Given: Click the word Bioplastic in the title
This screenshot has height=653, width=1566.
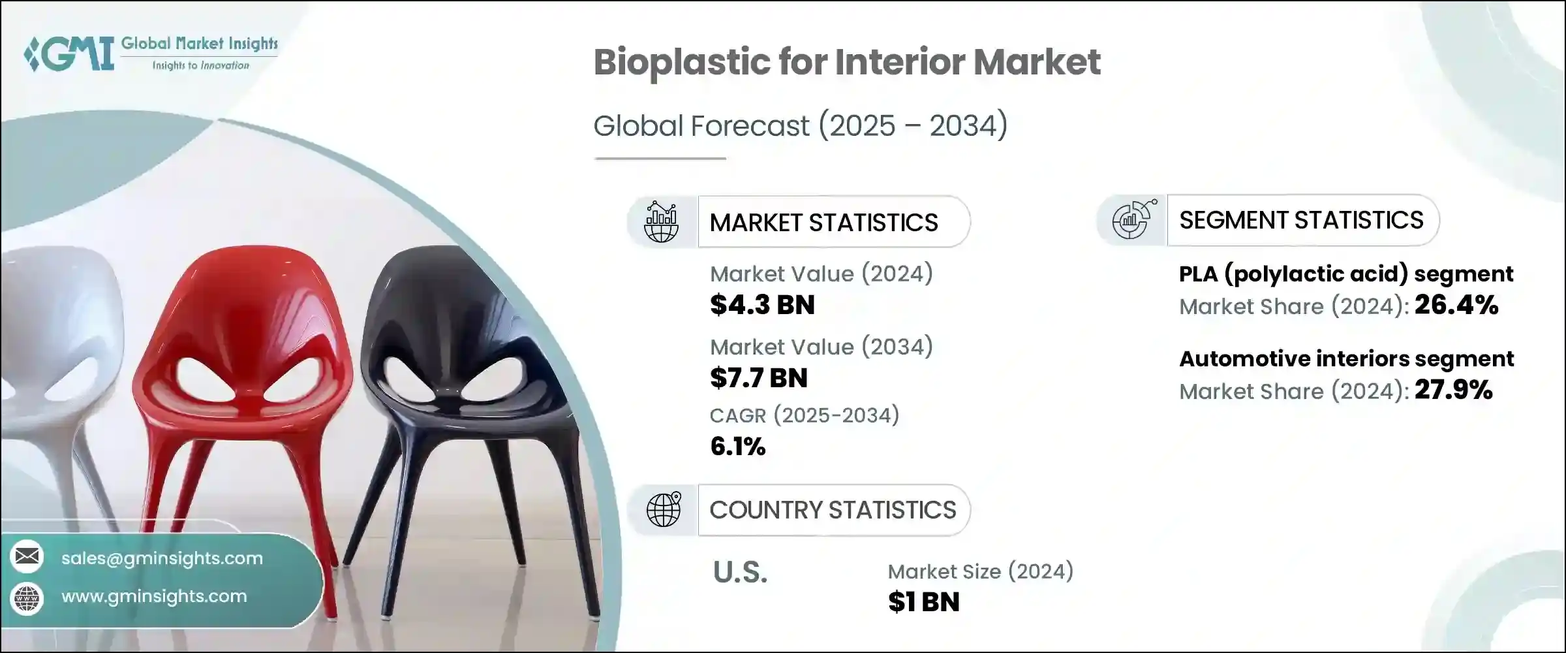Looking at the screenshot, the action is click(x=680, y=63).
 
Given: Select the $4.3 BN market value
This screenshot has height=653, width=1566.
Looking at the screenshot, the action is click(x=762, y=305).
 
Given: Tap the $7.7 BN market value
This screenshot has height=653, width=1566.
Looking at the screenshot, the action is click(x=759, y=378).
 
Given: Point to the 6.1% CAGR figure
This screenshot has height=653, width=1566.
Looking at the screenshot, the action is click(x=737, y=447).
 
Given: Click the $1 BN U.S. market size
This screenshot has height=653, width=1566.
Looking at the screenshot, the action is click(x=924, y=602).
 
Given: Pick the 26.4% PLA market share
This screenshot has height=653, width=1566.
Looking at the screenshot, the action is click(x=1456, y=306).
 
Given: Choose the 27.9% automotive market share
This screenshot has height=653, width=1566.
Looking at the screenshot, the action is click(x=1454, y=390).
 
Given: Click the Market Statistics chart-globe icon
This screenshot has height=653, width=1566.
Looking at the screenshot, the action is click(x=661, y=222).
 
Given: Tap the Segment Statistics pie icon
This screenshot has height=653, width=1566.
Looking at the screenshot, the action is click(x=1133, y=219).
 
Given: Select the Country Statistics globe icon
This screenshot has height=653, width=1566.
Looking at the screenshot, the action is click(x=663, y=509).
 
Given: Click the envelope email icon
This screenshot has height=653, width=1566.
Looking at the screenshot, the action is click(x=27, y=557).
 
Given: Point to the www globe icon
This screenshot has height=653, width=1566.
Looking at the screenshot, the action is click(x=27, y=597).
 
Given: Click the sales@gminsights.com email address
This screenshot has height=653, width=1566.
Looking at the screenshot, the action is click(x=162, y=558).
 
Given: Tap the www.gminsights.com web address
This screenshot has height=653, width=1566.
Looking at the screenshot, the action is click(x=154, y=596).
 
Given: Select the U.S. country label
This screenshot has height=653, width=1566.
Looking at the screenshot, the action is click(x=740, y=573).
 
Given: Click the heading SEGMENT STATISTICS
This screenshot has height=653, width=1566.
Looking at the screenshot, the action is click(x=1301, y=220).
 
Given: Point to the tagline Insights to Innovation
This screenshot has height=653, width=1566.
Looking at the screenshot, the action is click(x=200, y=65).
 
